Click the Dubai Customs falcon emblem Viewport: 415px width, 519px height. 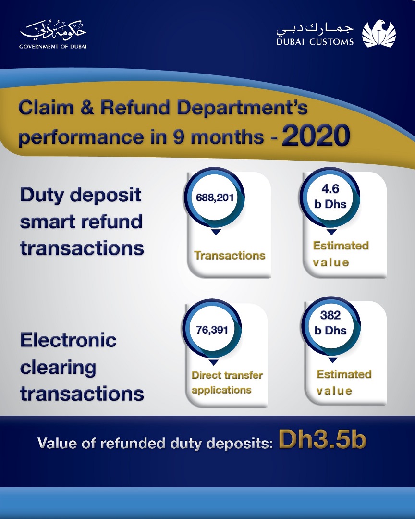(378, 34)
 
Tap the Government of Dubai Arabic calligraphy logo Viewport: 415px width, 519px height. (53, 31)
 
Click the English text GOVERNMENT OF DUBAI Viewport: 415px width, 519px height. (53, 47)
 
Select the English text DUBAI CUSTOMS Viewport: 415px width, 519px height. (315, 42)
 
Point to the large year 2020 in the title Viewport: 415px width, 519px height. (316, 135)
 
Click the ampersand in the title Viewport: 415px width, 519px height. (87, 108)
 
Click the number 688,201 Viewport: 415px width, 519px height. (215, 198)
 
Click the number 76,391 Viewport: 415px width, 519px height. (212, 330)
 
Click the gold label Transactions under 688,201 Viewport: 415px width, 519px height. (230, 255)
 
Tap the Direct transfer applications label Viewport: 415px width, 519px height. (227, 383)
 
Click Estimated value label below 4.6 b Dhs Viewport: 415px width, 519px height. (341, 254)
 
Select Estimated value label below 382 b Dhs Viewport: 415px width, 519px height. (344, 383)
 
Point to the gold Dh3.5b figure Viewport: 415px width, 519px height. (323, 440)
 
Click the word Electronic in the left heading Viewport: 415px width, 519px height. (68, 340)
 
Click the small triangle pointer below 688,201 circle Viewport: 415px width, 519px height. (216, 232)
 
